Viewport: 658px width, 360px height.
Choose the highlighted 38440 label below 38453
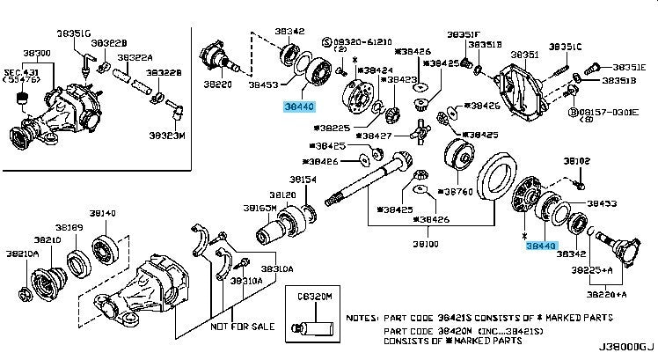tap(298, 107)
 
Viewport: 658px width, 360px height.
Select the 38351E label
tap(628, 66)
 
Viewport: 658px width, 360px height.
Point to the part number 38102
tap(576, 162)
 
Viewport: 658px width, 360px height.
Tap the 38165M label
tap(260, 208)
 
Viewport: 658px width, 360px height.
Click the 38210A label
tap(25, 253)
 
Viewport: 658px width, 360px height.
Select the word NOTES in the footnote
tap(362, 317)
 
